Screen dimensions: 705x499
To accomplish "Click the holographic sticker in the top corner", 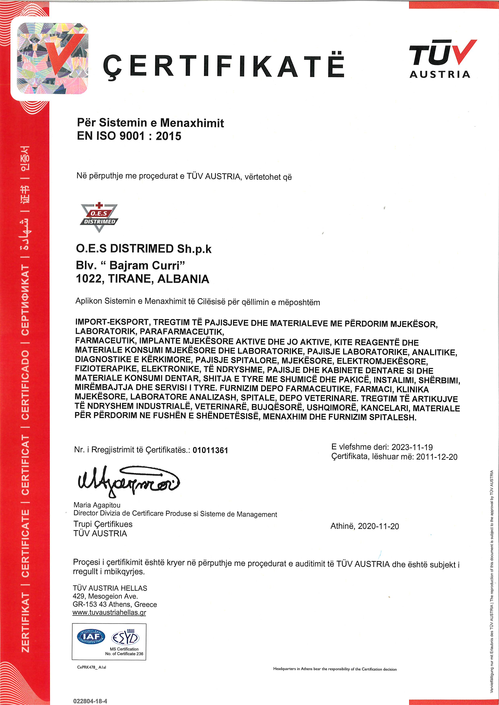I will coord(52,58).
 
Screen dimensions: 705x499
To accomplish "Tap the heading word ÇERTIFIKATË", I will coord(224,66).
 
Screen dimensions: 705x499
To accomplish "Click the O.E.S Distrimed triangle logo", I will coord(99,217).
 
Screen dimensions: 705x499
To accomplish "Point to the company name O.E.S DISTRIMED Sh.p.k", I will coord(144,249).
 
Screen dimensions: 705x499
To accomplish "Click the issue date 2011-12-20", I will coord(437,457).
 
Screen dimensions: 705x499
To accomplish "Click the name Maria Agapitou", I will coord(97,505).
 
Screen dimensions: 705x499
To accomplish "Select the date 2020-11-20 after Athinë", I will coord(378,526).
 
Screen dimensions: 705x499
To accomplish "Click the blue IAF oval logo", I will coord(91,636).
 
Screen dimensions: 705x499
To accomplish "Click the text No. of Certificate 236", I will coord(124,654).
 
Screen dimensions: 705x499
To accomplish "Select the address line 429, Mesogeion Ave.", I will coord(105,596).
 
